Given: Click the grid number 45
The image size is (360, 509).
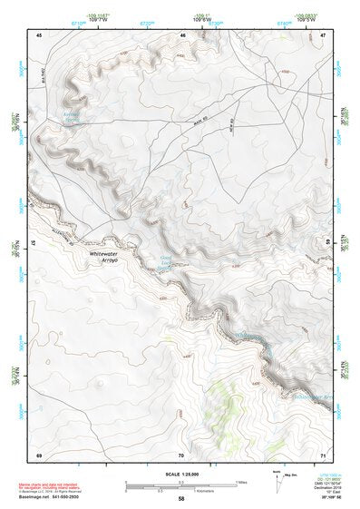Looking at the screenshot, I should point(39,34).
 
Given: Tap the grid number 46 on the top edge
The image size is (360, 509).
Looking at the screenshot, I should point(182,34).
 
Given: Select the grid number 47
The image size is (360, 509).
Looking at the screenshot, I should point(324,34).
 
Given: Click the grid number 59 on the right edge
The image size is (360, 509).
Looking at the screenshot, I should point(327,243).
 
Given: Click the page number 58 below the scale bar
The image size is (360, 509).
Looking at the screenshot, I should point(181,499).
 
